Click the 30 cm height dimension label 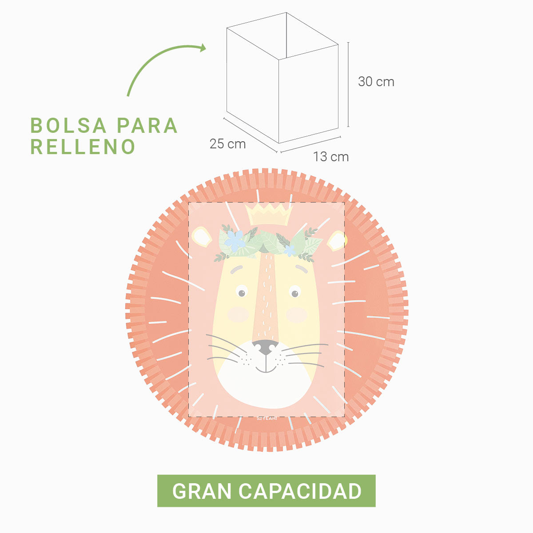click(x=376, y=82)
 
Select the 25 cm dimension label click(x=227, y=144)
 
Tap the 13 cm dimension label click(x=330, y=157)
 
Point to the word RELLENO click(x=83, y=147)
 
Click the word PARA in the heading click(x=147, y=126)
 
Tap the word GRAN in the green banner click(x=202, y=491)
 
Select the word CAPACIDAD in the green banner click(x=300, y=491)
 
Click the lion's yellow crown click(x=269, y=215)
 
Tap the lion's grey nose click(x=265, y=347)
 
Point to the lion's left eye click(x=241, y=292)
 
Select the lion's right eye click(x=294, y=292)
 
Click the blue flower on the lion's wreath click(x=235, y=240)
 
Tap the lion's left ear click(x=202, y=237)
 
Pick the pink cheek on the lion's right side click(x=296, y=314)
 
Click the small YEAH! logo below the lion click(x=266, y=418)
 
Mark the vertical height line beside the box click(x=348, y=84)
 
